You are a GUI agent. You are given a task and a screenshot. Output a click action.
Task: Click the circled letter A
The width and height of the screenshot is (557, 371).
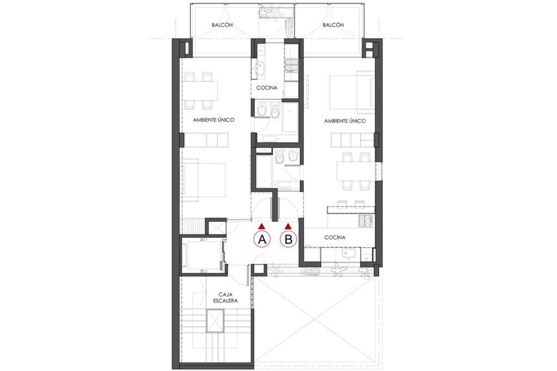[262, 239]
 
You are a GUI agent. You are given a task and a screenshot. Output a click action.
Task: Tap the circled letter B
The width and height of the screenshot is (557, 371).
[288, 239]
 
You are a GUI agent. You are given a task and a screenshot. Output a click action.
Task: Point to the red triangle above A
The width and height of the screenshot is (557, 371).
[262, 225]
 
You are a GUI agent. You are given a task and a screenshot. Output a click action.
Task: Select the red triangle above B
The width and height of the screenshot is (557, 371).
[288, 225]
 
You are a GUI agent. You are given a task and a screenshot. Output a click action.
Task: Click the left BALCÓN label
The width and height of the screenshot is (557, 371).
[222, 26]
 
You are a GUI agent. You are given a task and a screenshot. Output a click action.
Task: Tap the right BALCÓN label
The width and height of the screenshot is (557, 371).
[333, 26]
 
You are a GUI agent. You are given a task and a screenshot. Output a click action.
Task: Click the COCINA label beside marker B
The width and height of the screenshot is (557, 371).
[336, 237]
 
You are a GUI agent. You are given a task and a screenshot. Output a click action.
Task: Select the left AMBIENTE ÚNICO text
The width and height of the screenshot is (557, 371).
[213, 120]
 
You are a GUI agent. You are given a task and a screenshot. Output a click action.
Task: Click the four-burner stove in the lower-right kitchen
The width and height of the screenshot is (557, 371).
[365, 221]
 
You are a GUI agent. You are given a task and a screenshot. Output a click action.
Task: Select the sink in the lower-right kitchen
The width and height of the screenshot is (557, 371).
[346, 254]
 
